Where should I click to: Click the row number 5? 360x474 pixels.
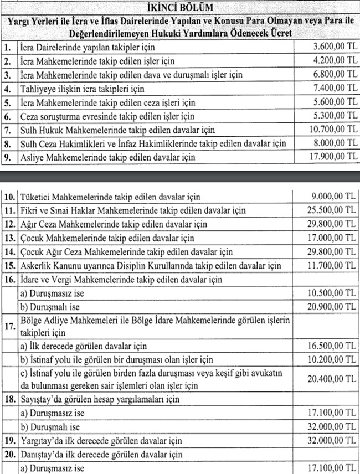pyautogui.click(x=7, y=102)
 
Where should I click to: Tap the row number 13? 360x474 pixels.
pyautogui.click(x=9, y=238)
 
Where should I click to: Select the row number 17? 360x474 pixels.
pyautogui.click(x=9, y=327)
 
